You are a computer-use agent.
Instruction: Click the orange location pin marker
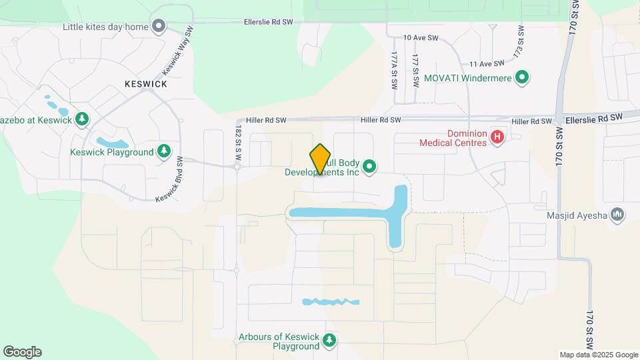(321, 159)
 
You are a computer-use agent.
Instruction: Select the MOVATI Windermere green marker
(523, 78)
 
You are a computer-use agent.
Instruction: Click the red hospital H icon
(497, 137)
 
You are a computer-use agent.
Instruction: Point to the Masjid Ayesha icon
(617, 214)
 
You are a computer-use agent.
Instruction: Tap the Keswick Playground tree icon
(163, 152)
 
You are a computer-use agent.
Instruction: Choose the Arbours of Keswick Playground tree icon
(329, 341)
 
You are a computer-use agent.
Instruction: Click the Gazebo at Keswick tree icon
(82, 119)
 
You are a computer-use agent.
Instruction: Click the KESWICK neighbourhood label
(145, 85)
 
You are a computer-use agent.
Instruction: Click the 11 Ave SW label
(485, 64)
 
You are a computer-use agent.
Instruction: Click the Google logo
(22, 352)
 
